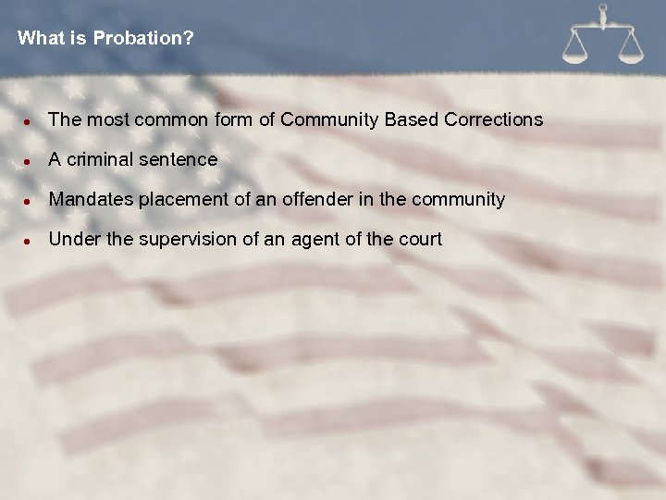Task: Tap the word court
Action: (x=420, y=239)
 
